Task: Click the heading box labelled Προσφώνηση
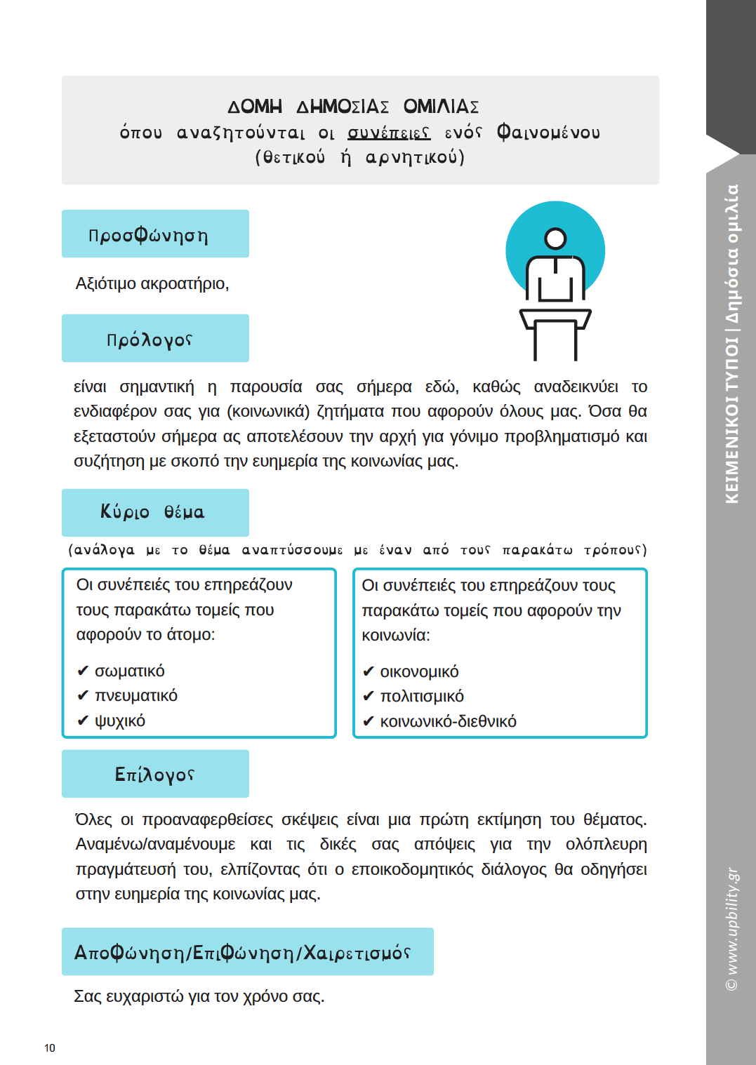tap(155, 234)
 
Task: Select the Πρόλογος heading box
tap(155, 338)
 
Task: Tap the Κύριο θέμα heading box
tap(155, 512)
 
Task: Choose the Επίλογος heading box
tap(155, 774)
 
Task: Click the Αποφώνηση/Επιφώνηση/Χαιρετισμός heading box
tap(247, 951)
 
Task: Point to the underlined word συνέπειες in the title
tap(389, 133)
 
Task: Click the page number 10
tap(49, 1048)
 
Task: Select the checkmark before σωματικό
tap(83, 671)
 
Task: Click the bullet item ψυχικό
tap(120, 721)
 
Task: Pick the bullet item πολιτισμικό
tap(422, 696)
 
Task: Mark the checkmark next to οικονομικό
tap(368, 672)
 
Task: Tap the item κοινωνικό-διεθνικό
tap(448, 721)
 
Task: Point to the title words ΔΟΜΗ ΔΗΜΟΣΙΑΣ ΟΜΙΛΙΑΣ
tap(353, 107)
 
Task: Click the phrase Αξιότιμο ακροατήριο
tap(152, 283)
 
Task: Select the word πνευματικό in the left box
tap(136, 695)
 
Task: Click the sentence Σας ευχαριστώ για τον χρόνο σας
tap(199, 996)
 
